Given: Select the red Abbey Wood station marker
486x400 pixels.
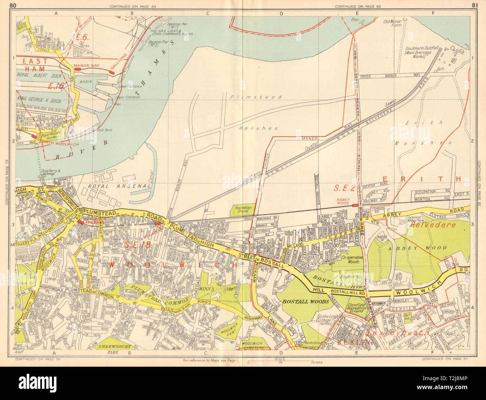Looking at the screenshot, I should (x=354, y=205).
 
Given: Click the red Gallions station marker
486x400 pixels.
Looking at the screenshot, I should (x=111, y=71).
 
